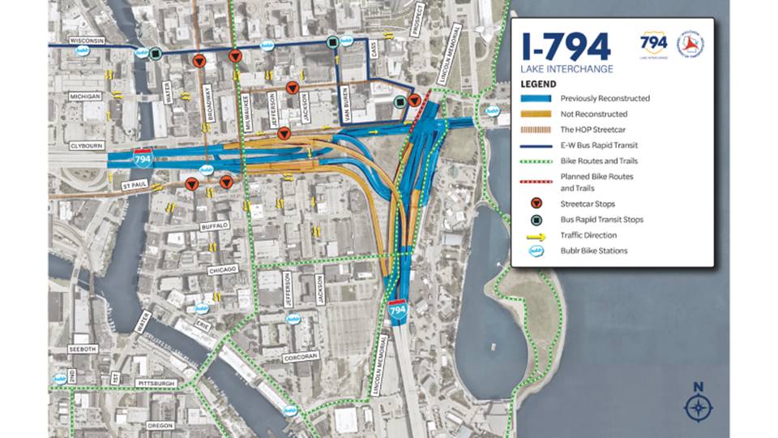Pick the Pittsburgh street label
point(157,382)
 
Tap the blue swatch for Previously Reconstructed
point(536,99)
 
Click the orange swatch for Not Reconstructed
point(536,114)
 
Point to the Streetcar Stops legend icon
point(536,204)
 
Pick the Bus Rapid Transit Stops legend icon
point(536,219)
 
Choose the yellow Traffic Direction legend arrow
point(536,235)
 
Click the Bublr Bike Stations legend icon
point(536,251)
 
